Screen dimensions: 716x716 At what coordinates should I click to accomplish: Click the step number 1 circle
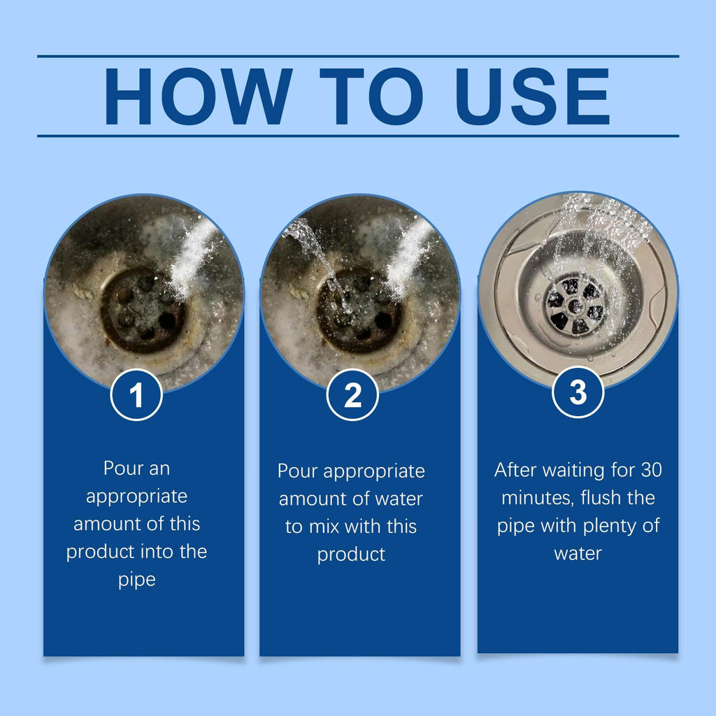(x=137, y=395)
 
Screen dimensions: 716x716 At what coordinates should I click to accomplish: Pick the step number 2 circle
(x=352, y=395)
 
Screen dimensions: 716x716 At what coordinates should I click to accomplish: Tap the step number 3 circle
(x=578, y=392)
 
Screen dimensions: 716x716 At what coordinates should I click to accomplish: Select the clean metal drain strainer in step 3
(x=575, y=305)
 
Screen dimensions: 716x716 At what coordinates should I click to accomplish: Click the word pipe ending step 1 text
(x=137, y=580)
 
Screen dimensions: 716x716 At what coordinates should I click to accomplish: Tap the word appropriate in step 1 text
(x=137, y=496)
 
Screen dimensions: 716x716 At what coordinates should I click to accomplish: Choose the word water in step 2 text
(x=398, y=499)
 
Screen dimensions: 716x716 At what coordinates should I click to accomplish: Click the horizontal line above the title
(x=358, y=56)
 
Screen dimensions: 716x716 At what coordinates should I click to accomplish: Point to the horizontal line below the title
(x=358, y=136)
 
